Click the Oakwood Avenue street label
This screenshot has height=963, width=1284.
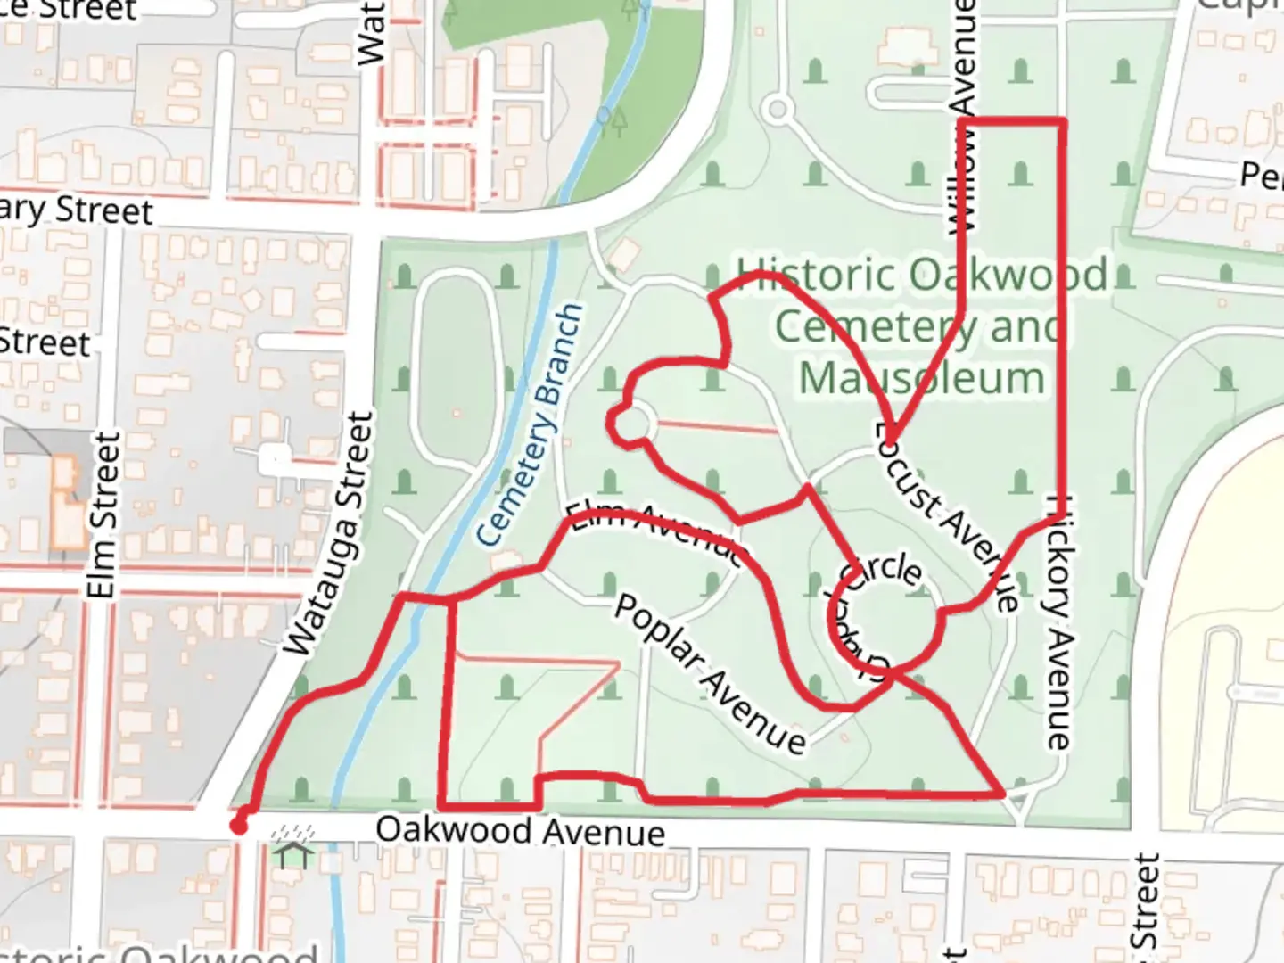(x=520, y=831)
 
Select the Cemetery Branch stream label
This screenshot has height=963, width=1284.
(x=531, y=425)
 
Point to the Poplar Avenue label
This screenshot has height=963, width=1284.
(x=710, y=674)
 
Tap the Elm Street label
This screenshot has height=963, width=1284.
(x=103, y=515)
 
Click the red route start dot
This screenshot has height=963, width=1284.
(x=239, y=826)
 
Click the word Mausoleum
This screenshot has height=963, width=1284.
(x=921, y=378)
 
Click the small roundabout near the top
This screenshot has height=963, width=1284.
(x=778, y=111)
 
